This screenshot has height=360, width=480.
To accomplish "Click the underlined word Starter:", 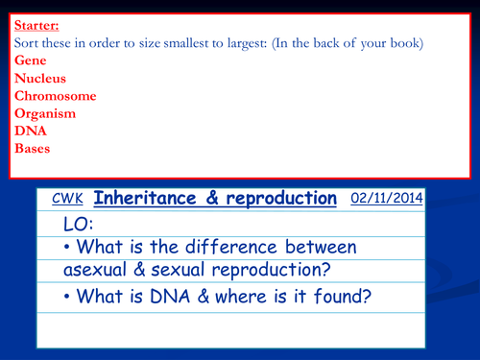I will click(35, 26).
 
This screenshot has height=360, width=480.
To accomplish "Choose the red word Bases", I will click(31, 149).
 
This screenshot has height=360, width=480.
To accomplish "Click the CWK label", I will click(69, 201).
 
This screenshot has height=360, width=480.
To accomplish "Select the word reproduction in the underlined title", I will click(277, 199).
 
